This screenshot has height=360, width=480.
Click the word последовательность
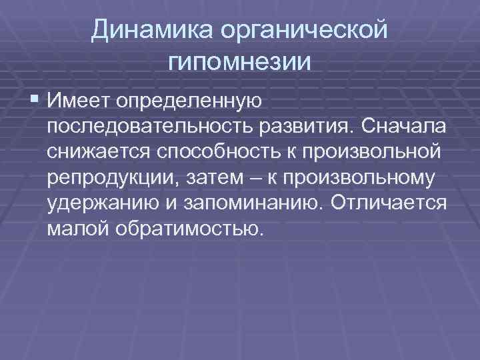pos(149,127)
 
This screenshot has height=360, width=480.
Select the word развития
pos(305,127)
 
